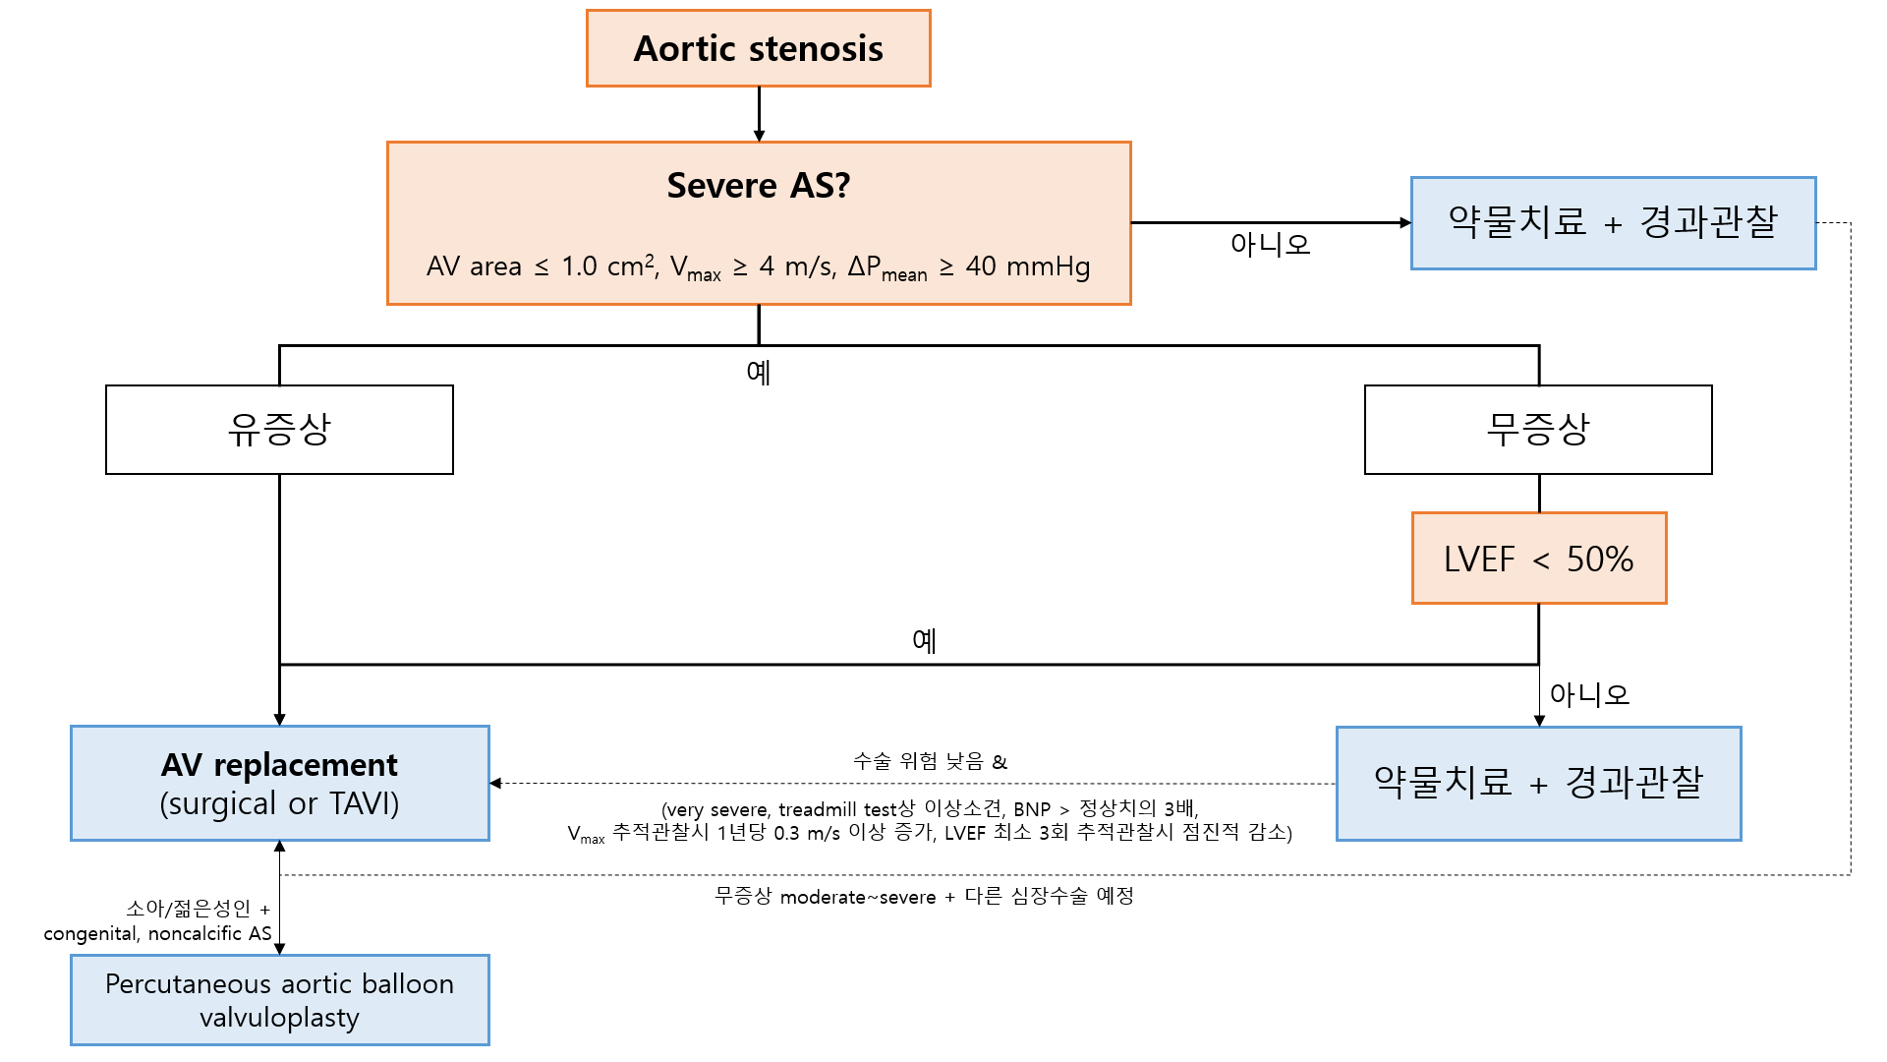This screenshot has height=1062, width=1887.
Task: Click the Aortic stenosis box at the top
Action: (758, 48)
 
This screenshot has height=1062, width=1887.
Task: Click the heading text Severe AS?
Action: (758, 185)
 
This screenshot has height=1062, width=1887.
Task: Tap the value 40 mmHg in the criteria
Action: (1027, 266)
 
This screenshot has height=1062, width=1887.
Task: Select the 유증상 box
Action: (279, 430)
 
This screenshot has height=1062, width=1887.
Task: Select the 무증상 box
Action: (1537, 430)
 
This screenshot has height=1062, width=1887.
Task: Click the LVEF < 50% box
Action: (1538, 559)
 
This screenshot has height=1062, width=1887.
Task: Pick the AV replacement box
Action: (279, 783)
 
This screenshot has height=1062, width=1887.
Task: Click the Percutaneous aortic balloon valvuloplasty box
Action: (279, 1000)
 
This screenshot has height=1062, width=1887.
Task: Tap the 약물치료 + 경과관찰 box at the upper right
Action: (1613, 222)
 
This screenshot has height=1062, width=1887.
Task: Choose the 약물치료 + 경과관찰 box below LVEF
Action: (1538, 783)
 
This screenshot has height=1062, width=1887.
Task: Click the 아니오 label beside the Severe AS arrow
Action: (1270, 244)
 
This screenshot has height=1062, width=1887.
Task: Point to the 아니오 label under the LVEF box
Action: (1588, 694)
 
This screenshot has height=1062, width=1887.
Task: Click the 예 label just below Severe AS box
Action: (758, 373)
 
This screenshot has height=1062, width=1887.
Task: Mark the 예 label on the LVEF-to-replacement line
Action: (924, 641)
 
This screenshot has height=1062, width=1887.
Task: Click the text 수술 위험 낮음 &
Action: (930, 761)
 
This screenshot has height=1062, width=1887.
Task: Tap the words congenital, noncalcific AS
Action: (157, 933)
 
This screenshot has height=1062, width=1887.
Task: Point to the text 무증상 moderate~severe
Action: (825, 897)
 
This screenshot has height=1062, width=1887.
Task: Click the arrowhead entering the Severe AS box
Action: (759, 136)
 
